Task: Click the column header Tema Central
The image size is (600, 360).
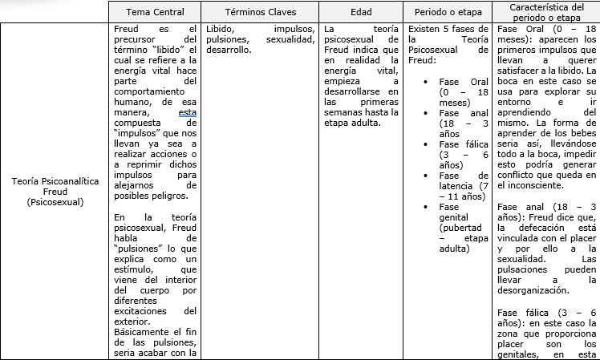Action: (155, 13)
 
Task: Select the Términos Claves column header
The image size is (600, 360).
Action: (258, 13)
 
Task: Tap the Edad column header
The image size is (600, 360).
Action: (361, 13)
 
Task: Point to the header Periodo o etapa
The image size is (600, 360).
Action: (448, 13)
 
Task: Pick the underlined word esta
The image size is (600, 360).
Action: (187, 113)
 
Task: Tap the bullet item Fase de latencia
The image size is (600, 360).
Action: (464, 186)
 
